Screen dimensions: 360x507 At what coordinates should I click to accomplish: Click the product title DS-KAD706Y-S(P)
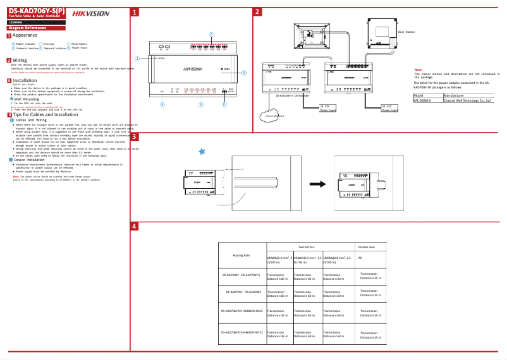(37, 11)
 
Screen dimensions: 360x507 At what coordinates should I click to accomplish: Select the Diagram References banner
(28, 28)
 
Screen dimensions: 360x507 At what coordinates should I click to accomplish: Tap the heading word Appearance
(25, 35)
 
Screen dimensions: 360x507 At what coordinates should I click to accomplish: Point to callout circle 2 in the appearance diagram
(211, 33)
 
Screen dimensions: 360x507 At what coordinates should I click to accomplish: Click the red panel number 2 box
(257, 12)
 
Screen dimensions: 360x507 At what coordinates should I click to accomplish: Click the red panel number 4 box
(135, 226)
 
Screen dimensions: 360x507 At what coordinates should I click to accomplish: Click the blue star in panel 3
(202, 151)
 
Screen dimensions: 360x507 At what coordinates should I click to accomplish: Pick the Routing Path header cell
(241, 255)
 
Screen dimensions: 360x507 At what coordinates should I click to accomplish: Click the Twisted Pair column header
(306, 248)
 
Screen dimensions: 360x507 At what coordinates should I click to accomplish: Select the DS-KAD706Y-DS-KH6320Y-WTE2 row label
(241, 332)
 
